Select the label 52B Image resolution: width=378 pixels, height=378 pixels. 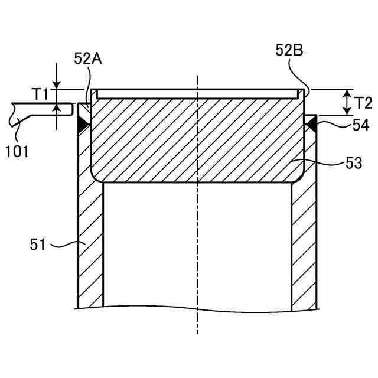(x=289, y=51)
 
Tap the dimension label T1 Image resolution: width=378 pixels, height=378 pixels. (x=41, y=94)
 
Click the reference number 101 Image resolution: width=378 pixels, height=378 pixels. (x=17, y=152)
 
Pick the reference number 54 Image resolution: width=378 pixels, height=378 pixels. (x=361, y=125)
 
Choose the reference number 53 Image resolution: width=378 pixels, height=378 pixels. (x=354, y=163)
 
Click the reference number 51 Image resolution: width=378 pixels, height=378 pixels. (x=38, y=245)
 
